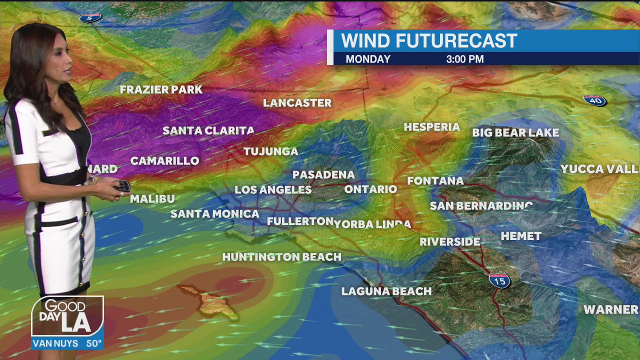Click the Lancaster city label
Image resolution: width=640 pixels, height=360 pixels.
(x=297, y=103)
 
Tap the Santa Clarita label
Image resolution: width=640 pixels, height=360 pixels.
(x=208, y=131)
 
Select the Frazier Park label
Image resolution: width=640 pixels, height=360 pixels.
(x=161, y=90)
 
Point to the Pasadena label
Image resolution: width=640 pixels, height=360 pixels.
(x=323, y=174)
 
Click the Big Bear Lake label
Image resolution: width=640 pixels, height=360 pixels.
(x=515, y=133)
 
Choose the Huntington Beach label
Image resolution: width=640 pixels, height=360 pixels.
(x=281, y=257)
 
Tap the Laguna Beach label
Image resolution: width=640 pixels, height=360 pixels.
(x=386, y=291)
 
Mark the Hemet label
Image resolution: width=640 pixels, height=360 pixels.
(x=521, y=236)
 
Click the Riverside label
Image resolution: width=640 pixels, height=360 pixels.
(x=449, y=242)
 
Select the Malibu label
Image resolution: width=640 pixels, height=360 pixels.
(x=152, y=199)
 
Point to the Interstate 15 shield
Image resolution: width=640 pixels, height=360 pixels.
(x=499, y=280)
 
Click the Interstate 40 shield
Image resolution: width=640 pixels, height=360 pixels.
(x=594, y=100)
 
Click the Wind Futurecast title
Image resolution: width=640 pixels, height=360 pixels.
(x=429, y=41)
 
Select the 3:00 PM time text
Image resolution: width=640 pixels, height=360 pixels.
(x=465, y=59)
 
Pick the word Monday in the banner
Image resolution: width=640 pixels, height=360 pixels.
(x=368, y=59)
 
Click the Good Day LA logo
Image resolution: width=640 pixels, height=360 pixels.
(x=67, y=317)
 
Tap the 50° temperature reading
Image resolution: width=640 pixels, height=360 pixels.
(x=94, y=344)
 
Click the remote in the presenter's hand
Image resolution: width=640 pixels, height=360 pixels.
(x=121, y=186)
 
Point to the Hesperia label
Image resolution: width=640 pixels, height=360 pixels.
(x=431, y=127)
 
